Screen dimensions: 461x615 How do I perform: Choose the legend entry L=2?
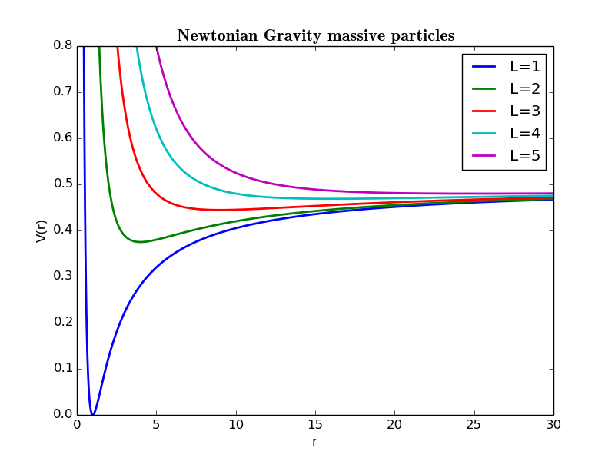tap(525, 89)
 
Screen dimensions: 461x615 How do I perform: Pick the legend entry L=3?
tap(525, 111)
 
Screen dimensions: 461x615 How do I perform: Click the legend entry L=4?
tap(525, 134)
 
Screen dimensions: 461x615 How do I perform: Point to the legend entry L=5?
tap(525, 156)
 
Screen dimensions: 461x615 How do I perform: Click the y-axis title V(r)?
tap(42, 230)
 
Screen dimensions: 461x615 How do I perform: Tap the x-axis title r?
tap(314, 442)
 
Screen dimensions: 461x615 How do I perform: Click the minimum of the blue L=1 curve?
tap(92, 414)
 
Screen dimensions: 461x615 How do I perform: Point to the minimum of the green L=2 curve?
tap(140, 242)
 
